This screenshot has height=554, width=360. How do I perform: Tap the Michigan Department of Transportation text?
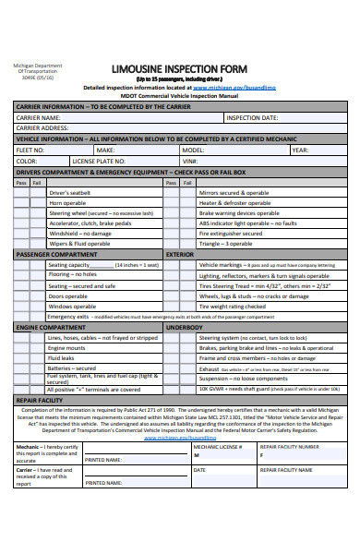click(37, 71)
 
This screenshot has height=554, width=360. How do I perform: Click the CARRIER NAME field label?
click(39, 118)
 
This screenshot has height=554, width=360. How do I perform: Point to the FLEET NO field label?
click(30, 149)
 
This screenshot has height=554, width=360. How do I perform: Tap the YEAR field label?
click(300, 149)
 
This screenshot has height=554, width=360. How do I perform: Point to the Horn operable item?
click(67, 202)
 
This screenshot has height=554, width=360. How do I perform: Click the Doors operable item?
click(67, 295)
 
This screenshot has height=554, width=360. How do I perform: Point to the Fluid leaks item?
click(62, 357)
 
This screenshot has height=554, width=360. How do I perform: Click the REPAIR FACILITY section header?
click(39, 400)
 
